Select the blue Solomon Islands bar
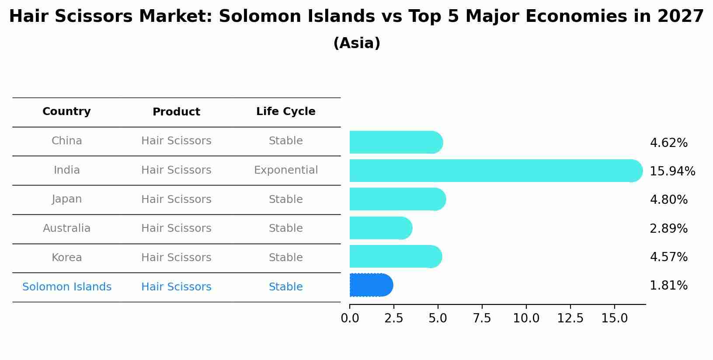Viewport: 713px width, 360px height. coord(371,285)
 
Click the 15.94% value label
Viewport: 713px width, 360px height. coord(672,171)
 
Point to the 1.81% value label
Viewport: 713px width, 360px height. coord(668,286)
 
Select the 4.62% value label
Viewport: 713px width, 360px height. coord(668,143)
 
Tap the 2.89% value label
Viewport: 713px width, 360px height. coord(668,228)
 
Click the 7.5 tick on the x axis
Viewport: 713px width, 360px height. coord(482,318)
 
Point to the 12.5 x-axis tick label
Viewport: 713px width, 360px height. coord(570,318)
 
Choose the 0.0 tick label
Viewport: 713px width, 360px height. coord(350,318)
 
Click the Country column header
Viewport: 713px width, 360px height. coord(66,112)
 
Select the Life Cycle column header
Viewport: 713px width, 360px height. coord(285,112)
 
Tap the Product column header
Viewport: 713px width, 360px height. coord(176,112)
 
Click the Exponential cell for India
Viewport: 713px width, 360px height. coord(285,170)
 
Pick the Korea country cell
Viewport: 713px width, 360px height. coord(66,258)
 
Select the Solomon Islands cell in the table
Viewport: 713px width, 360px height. coord(66,287)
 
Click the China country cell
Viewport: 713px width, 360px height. coord(66,141)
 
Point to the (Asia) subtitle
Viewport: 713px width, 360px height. coord(356,43)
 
